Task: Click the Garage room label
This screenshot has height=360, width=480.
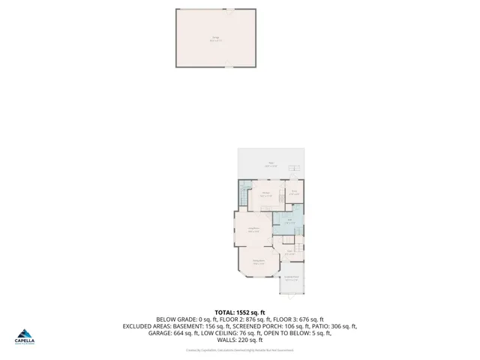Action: click(x=215, y=37)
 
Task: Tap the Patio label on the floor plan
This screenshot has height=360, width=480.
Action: click(x=271, y=163)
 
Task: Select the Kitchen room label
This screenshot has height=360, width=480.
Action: click(x=265, y=193)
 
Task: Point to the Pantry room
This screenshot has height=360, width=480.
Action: click(x=295, y=192)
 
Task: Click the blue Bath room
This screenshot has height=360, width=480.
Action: click(x=289, y=221)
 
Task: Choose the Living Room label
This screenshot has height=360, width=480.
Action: click(x=253, y=229)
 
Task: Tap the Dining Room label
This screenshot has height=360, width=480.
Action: click(x=258, y=262)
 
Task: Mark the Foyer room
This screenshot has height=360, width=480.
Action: click(x=289, y=253)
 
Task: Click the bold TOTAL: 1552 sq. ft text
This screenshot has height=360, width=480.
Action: click(x=240, y=312)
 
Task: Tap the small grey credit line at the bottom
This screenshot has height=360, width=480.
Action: click(x=240, y=349)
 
